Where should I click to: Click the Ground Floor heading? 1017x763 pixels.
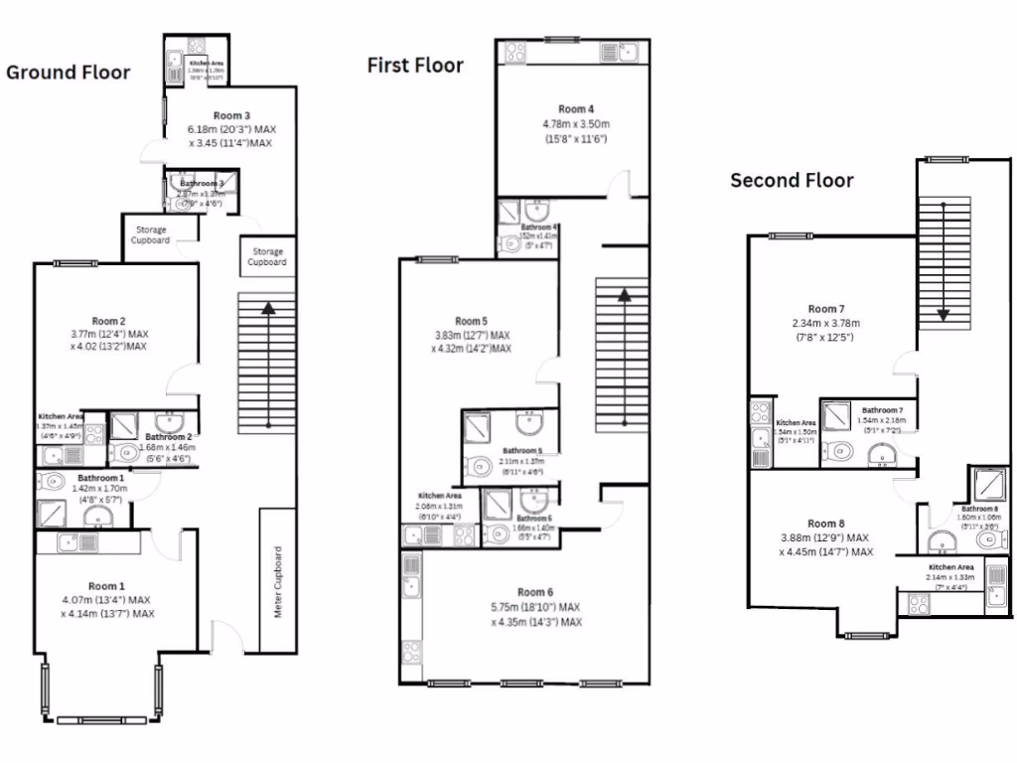point(69,73)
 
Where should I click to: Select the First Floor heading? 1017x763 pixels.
point(415,66)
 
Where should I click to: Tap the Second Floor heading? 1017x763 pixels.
point(792,180)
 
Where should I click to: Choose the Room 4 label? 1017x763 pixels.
point(576,109)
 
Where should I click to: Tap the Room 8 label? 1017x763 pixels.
point(825,524)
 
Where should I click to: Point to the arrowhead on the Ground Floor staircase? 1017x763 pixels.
point(268,309)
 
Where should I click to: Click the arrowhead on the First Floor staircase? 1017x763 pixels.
point(623,294)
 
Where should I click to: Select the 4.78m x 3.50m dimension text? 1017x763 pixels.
point(576,124)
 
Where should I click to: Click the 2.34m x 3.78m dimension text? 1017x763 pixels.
point(825,323)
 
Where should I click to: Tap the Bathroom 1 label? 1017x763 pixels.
point(100,478)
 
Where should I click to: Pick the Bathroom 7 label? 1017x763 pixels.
point(882,410)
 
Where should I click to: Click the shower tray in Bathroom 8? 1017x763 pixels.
point(987,486)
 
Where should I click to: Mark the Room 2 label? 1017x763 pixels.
point(108,321)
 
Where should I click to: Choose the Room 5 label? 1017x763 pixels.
point(471,321)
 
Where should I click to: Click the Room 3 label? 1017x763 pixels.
point(231,116)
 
